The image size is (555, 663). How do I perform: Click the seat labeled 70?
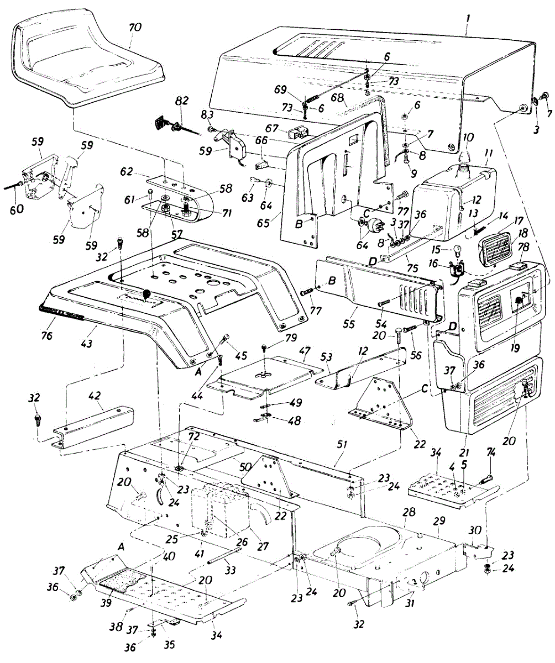click(83, 61)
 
